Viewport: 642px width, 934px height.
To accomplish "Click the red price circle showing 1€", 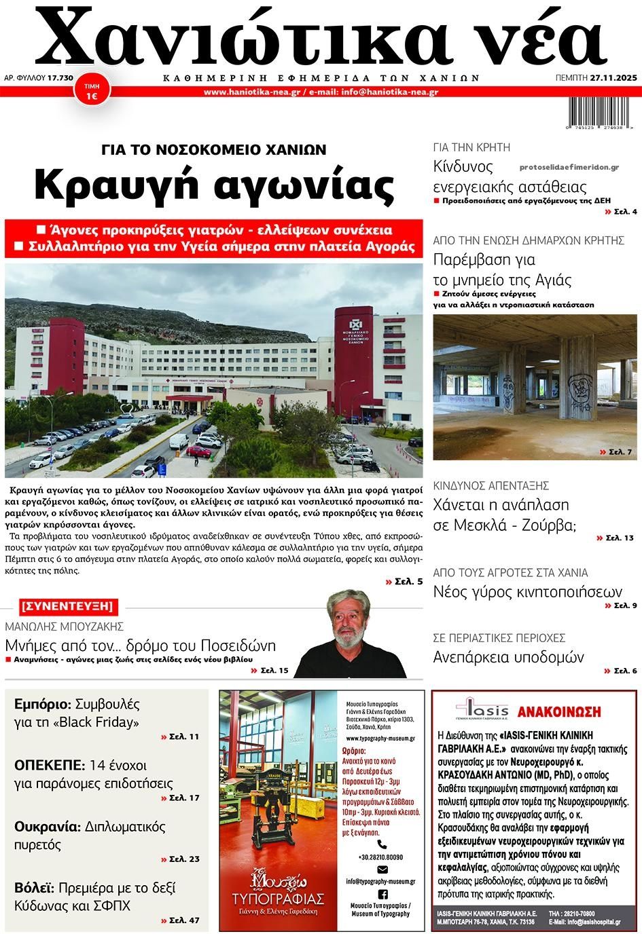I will (90, 92).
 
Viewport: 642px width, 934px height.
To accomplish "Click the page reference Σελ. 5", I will (408, 582).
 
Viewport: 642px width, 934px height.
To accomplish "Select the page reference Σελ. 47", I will (184, 920).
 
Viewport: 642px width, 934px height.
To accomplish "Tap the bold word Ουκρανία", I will (47, 826).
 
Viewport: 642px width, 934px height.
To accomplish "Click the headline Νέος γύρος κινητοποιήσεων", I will (527, 591).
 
